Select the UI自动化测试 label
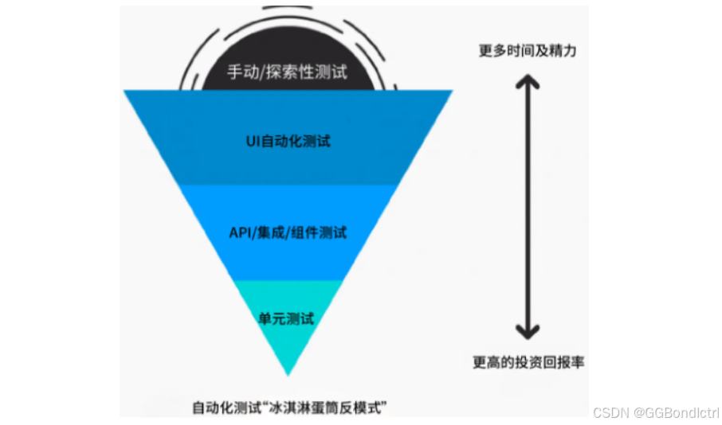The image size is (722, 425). [x=288, y=142]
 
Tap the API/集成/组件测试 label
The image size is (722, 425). [x=288, y=233]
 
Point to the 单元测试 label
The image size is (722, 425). [x=287, y=319]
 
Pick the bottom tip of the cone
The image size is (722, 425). [x=288, y=373]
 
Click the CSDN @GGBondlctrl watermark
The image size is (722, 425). [x=656, y=412]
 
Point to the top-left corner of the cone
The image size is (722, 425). [x=126, y=92]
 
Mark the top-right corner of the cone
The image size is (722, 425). [x=450, y=92]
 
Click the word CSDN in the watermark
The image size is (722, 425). [x=610, y=412]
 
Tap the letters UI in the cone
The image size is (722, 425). [x=252, y=142]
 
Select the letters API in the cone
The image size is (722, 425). [x=240, y=233]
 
